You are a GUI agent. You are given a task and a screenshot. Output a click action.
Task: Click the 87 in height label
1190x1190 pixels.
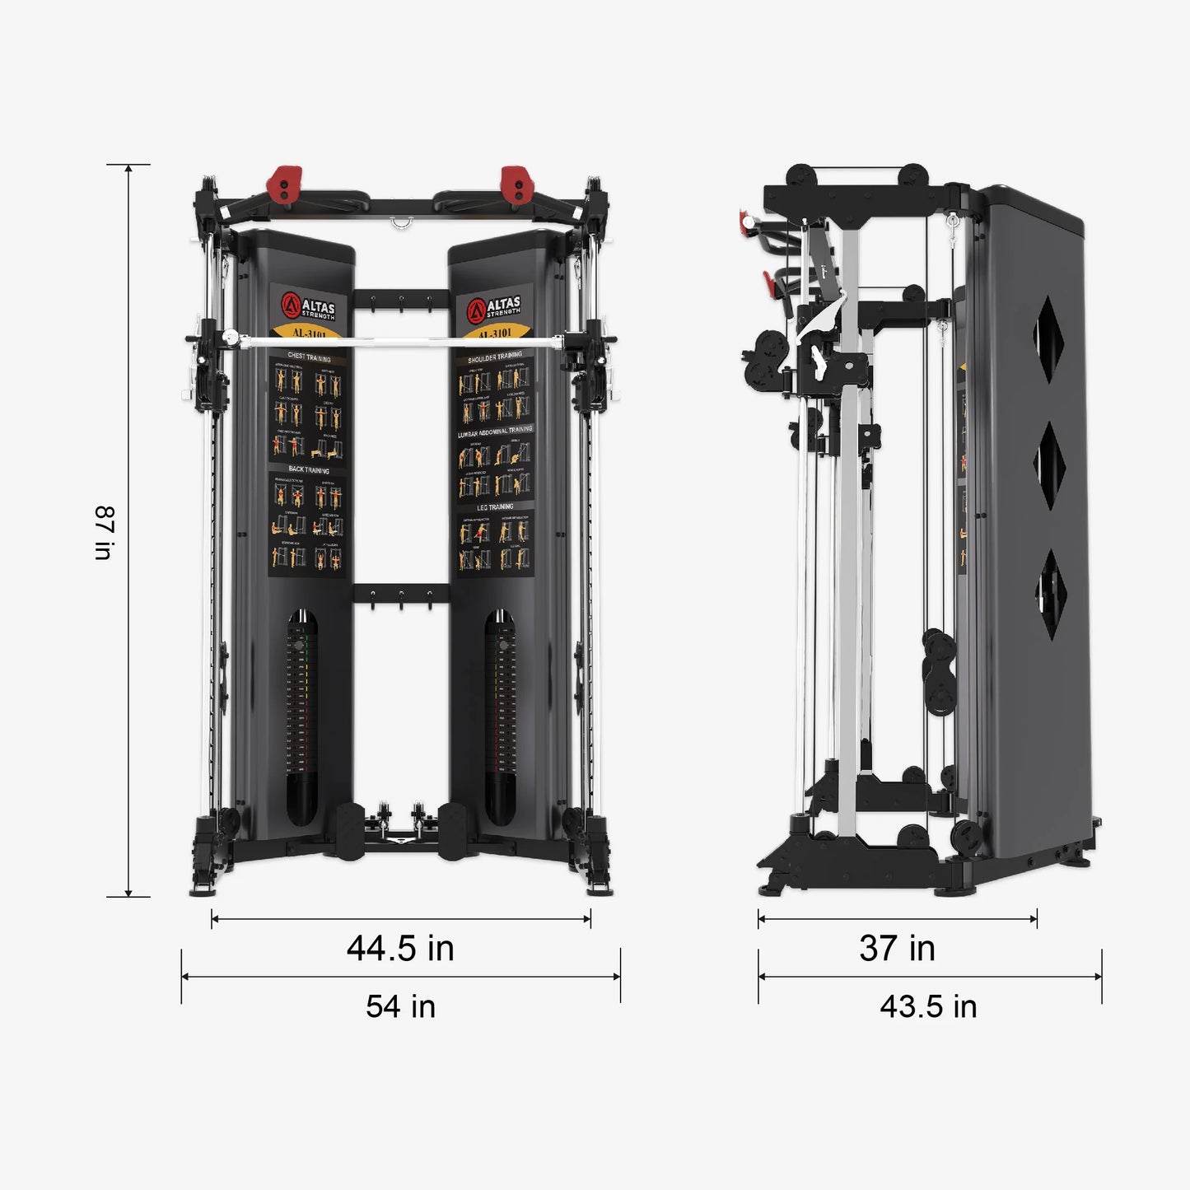point(104,533)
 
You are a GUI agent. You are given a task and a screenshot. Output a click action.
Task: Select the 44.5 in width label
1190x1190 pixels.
point(400,948)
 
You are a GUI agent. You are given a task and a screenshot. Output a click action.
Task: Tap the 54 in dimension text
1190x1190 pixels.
point(400,1006)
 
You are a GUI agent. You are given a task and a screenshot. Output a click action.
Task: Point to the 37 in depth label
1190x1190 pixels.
point(897,948)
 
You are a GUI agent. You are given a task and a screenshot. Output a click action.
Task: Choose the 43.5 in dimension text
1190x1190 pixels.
point(928,1006)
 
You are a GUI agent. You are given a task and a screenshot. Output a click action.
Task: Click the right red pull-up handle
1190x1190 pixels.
point(515,184)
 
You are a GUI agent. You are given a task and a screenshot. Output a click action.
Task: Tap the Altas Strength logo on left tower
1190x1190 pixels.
point(309,306)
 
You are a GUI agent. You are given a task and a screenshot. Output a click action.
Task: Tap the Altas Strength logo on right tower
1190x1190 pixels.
point(494,308)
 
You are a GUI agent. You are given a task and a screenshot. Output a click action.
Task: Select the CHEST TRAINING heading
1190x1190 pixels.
point(309,358)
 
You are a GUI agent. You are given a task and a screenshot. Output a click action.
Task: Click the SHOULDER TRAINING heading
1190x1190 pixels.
point(495,357)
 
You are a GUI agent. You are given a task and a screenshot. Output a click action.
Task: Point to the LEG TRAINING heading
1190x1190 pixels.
point(495,507)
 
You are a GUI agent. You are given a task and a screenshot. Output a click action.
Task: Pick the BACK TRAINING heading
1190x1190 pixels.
point(309,469)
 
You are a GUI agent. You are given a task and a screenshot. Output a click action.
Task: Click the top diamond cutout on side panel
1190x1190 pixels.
point(1049,339)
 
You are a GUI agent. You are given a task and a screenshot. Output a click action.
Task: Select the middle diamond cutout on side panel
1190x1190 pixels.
point(1050,465)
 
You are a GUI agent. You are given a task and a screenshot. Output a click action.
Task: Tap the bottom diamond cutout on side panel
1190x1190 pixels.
point(1052,594)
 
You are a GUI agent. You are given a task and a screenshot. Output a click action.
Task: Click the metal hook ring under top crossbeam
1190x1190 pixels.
point(402,222)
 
